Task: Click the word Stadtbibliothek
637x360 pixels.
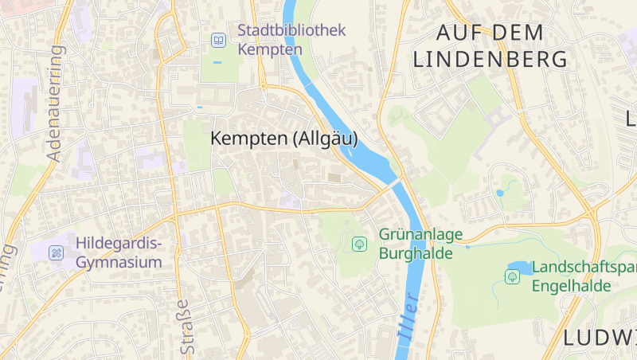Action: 291,30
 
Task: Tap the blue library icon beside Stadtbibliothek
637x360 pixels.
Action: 217,40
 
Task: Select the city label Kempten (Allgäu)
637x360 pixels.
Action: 283,139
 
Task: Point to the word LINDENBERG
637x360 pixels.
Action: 490,59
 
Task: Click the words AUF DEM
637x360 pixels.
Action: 490,33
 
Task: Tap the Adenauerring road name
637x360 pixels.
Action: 55,104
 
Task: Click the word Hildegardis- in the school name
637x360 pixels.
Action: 119,243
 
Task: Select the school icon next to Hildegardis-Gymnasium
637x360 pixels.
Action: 57,252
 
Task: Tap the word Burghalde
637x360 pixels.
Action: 416,253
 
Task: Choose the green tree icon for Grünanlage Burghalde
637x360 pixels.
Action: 359,244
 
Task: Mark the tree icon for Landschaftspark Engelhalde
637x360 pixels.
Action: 512,276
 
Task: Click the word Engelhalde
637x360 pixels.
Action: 571,286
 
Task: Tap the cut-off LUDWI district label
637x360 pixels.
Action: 599,338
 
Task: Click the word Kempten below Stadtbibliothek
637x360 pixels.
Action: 270,49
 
